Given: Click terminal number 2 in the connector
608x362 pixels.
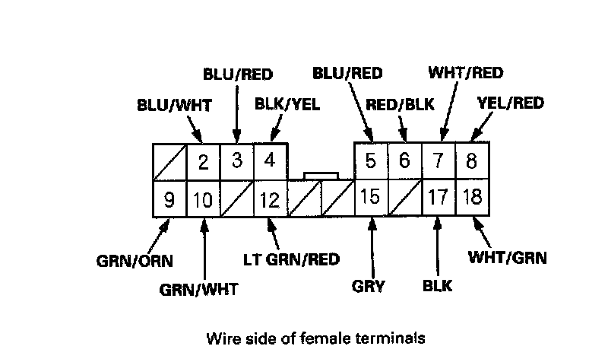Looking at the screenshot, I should coord(203,162).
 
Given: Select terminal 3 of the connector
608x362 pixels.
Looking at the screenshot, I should coord(236,162).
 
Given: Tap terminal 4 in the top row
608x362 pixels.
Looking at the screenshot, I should coord(270,162).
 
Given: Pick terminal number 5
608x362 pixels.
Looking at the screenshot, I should coord(371,162).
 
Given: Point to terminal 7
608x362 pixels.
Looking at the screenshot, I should coord(438,162).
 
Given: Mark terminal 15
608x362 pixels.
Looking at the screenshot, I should coord(371,199).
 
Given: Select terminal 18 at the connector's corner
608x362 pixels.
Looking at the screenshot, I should coord(472,199).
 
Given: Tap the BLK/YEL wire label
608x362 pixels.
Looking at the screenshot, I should coord(286,103).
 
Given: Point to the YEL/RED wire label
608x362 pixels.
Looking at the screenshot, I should coord(510,103).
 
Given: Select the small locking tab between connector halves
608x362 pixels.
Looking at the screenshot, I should coord(320,176).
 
